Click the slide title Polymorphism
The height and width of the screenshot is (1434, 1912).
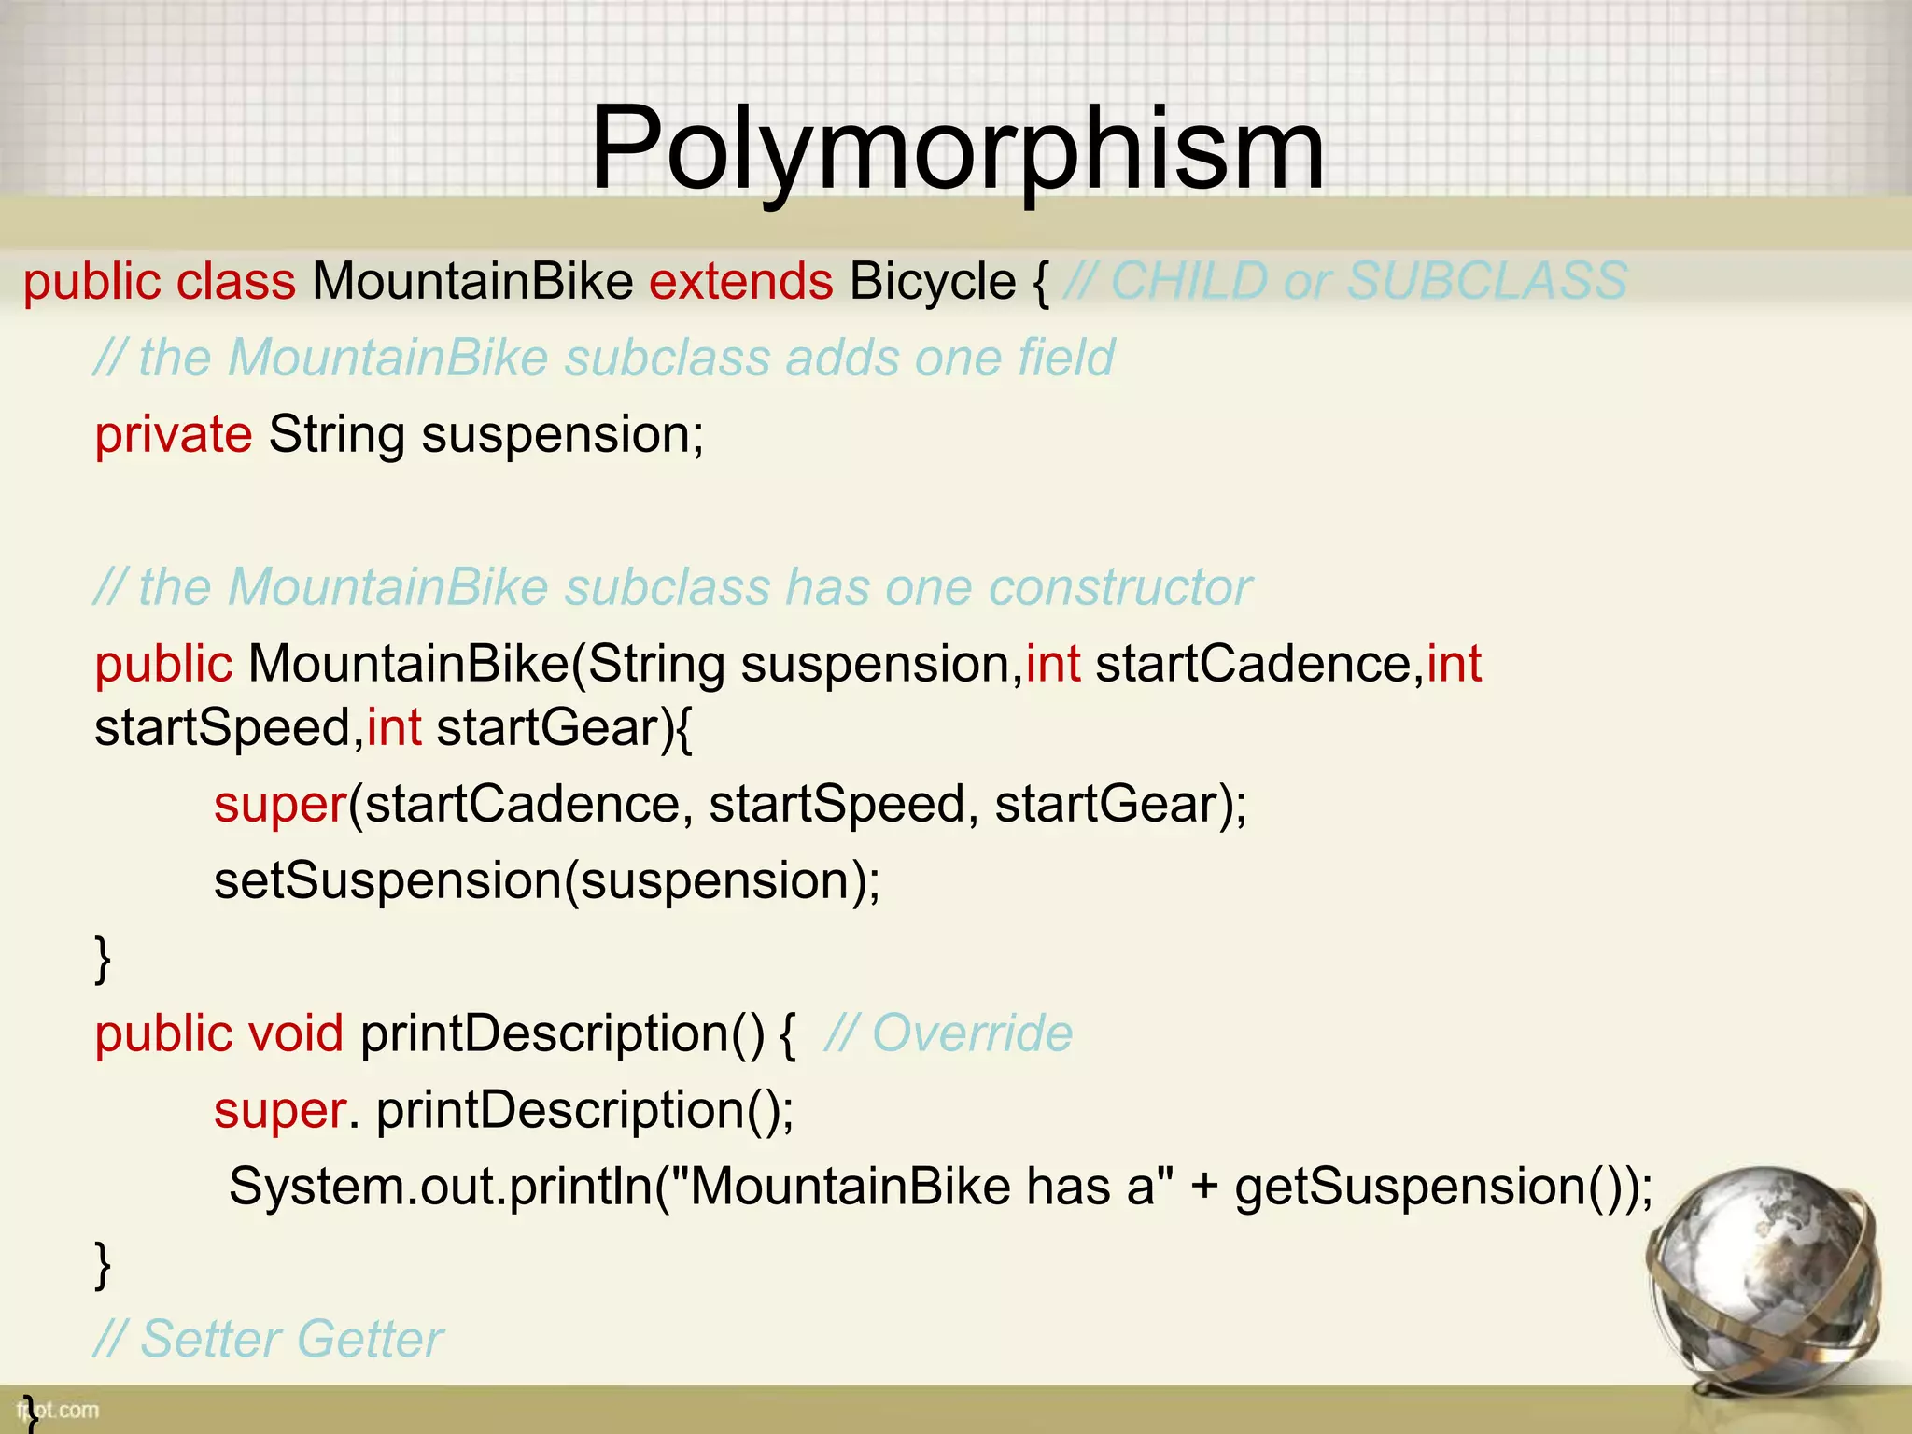point(957,149)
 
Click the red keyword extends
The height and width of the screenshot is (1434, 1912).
point(740,281)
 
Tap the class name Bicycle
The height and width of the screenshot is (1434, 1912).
point(932,281)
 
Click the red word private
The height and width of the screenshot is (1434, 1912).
point(173,434)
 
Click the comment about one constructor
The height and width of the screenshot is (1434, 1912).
point(672,587)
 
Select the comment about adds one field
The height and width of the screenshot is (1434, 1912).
point(604,358)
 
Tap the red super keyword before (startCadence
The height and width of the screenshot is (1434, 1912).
point(280,804)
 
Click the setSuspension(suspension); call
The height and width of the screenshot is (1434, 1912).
point(546,880)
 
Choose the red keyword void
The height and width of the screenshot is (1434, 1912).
point(295,1033)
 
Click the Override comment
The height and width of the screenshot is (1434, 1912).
point(949,1033)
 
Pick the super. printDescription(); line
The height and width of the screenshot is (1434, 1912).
point(503,1110)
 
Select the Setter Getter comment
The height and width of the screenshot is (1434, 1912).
point(269,1339)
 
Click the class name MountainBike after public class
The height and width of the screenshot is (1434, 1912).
point(472,281)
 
